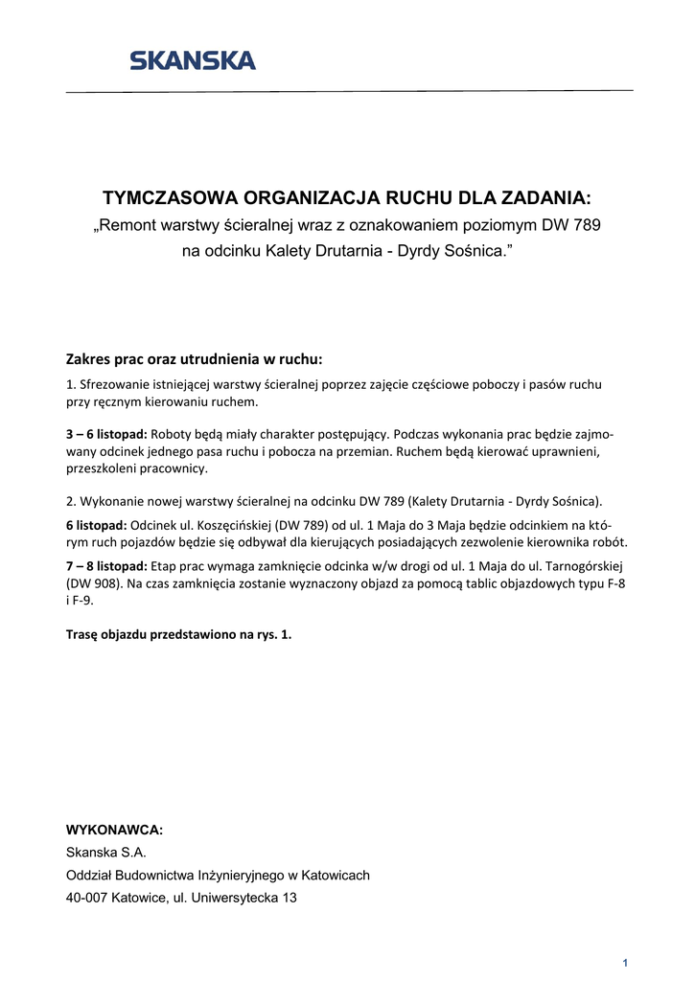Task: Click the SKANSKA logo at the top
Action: [193, 61]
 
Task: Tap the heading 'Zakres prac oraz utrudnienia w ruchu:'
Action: [194, 360]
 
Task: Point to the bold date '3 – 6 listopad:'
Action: [106, 433]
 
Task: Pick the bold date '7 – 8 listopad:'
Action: [106, 565]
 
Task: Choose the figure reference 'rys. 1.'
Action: [272, 634]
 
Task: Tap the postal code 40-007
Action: [86, 898]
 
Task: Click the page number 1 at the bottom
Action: [624, 962]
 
